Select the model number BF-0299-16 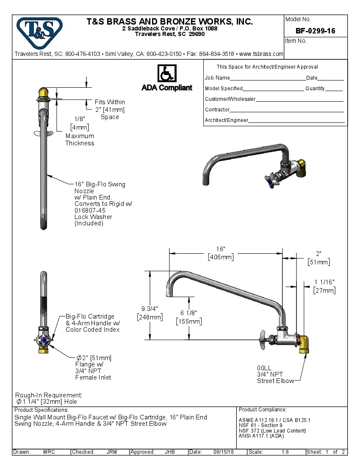click(315, 31)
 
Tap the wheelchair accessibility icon click(167, 73)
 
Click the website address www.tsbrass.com click(261, 54)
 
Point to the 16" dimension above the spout click(221, 249)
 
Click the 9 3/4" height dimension click(150, 309)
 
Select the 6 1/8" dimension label click(188, 313)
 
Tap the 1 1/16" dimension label click(324, 282)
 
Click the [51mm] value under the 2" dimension click(318, 262)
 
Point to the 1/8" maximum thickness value click(80, 119)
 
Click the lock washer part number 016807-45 click(90, 210)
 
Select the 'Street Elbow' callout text click(275, 381)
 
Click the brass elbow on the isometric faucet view click(301, 167)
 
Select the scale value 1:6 click(285, 452)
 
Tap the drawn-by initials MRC click(49, 452)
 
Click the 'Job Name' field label click(217, 78)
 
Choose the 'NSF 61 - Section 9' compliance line click(260, 425)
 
